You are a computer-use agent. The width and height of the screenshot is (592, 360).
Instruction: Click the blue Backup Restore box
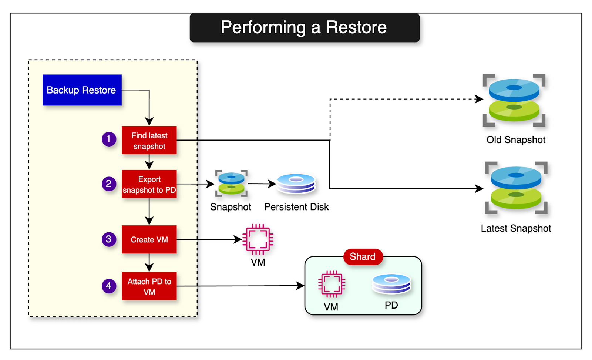(x=82, y=90)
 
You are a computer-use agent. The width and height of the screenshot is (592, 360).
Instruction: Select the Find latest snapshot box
(x=149, y=140)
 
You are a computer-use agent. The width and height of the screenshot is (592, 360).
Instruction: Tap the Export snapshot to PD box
(x=149, y=184)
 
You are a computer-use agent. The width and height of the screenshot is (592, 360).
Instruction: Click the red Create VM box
(x=149, y=239)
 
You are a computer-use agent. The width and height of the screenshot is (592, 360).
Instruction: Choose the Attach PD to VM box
(x=149, y=286)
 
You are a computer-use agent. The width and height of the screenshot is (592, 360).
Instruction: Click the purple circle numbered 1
(x=109, y=139)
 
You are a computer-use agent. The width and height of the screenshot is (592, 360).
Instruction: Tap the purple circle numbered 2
(x=109, y=184)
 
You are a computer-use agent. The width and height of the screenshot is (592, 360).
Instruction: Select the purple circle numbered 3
(x=109, y=239)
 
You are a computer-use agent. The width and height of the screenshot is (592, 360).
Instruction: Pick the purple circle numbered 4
(x=109, y=286)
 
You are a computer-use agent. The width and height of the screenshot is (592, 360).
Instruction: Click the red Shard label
(x=363, y=256)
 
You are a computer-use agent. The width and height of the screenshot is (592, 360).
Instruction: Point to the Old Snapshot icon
(x=514, y=100)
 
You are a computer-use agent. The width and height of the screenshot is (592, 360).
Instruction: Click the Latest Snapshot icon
(x=516, y=188)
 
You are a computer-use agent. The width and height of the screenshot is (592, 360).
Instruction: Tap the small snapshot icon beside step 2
(x=231, y=183)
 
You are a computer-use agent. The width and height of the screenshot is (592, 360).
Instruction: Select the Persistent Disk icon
(x=296, y=184)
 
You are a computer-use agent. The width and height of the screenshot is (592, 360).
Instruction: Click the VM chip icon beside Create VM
(x=258, y=239)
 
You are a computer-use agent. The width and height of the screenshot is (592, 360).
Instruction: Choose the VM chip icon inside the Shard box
(x=332, y=284)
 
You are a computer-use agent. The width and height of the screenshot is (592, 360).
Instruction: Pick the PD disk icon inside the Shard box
(x=391, y=284)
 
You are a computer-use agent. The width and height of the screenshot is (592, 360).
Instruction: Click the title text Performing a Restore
(x=304, y=27)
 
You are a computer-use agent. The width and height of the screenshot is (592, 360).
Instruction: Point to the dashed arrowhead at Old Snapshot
(x=480, y=99)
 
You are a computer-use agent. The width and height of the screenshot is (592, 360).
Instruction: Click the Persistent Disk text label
(x=296, y=207)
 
